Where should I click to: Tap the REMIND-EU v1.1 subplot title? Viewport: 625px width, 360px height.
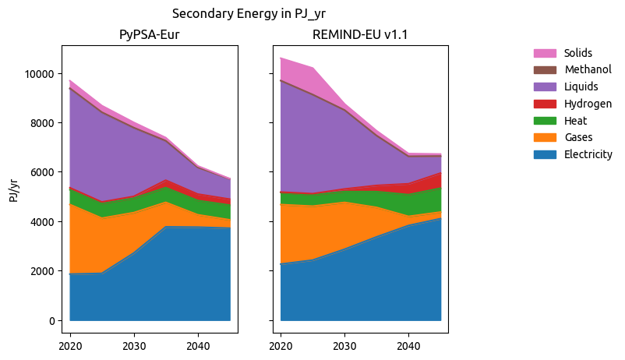pos(359,35)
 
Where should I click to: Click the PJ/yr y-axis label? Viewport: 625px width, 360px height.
pos(13,189)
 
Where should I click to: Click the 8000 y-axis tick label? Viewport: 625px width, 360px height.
pos(41,123)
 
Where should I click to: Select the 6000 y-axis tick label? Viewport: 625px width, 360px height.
pos(41,172)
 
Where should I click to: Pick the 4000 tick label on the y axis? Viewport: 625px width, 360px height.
pos(41,222)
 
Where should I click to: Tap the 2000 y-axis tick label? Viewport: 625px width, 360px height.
pos(41,271)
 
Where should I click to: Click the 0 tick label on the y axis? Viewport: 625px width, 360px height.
pos(51,321)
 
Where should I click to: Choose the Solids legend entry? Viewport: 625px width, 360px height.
pos(577,53)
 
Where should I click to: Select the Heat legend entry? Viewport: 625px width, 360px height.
pos(575,121)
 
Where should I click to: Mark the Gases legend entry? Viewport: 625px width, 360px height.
pos(577,138)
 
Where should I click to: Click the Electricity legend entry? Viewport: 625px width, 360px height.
pos(588,154)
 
